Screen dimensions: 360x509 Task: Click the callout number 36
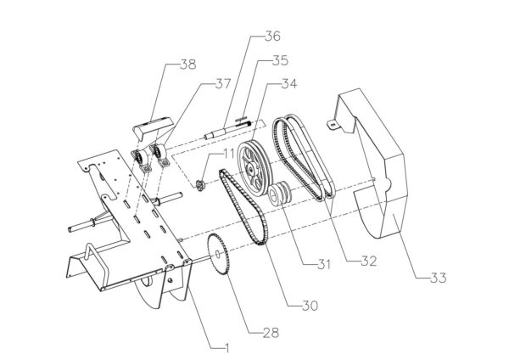coord(271,37)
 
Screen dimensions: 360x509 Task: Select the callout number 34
coord(289,84)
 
